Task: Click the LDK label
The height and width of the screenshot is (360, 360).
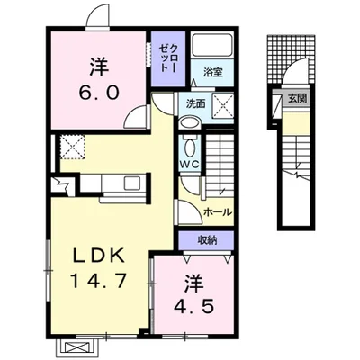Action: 99,256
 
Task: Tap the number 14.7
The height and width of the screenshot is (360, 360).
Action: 98,281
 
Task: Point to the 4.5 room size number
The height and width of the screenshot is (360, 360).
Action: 194,306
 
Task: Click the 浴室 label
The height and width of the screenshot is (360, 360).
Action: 213,72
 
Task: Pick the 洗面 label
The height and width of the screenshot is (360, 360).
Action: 195,103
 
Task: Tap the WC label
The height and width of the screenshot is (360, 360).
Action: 190,164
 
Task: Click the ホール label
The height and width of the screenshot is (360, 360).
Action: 218,212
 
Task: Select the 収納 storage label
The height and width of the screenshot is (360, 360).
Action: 207,240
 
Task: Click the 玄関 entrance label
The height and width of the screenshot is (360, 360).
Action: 298,98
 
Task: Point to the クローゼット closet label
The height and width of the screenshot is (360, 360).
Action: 167,58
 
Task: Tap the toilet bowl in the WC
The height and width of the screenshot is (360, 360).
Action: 190,147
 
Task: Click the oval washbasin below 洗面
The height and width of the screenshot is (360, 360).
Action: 190,122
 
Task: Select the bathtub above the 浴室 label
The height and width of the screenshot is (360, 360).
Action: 212,45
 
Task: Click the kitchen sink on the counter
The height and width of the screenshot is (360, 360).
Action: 132,183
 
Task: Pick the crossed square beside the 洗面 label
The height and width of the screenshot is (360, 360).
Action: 223,105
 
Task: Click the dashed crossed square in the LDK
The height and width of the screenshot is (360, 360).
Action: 73,147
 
